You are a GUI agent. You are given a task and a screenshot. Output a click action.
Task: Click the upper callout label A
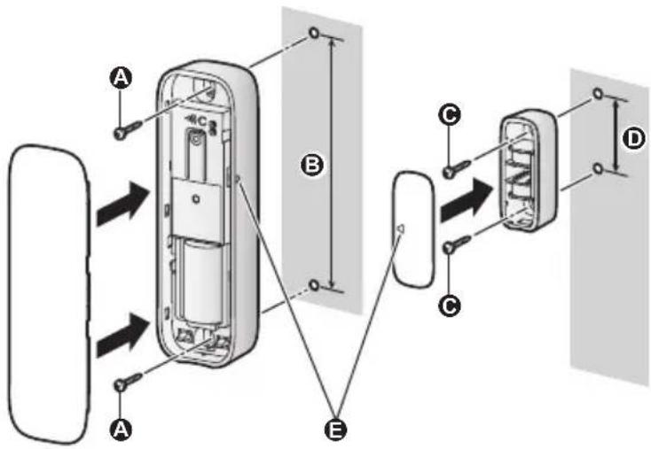121,78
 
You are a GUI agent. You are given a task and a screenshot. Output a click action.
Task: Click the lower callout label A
121,430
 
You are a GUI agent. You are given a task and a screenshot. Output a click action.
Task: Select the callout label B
312,165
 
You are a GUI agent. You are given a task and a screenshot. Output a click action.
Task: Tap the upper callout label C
450,115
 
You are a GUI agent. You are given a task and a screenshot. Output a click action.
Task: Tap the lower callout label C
450,306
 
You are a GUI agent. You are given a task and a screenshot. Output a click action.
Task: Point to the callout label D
634,139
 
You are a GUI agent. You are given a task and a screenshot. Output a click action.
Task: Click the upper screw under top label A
129,128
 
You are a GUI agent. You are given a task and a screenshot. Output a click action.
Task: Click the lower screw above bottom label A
128,382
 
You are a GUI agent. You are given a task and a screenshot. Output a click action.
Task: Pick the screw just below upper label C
457,168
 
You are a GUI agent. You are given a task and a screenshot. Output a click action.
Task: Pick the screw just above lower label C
457,244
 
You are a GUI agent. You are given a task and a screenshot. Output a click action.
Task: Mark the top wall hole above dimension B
314,33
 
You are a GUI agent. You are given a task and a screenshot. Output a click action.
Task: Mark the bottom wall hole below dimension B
314,285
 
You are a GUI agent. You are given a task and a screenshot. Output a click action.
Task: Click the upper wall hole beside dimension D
598,93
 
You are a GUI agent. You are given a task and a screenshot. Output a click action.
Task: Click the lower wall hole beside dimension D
598,168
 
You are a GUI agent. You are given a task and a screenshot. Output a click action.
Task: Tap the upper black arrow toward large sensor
123,204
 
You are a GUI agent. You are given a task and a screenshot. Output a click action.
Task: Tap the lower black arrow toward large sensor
123,335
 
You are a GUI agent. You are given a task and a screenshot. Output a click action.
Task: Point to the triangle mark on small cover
401,228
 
